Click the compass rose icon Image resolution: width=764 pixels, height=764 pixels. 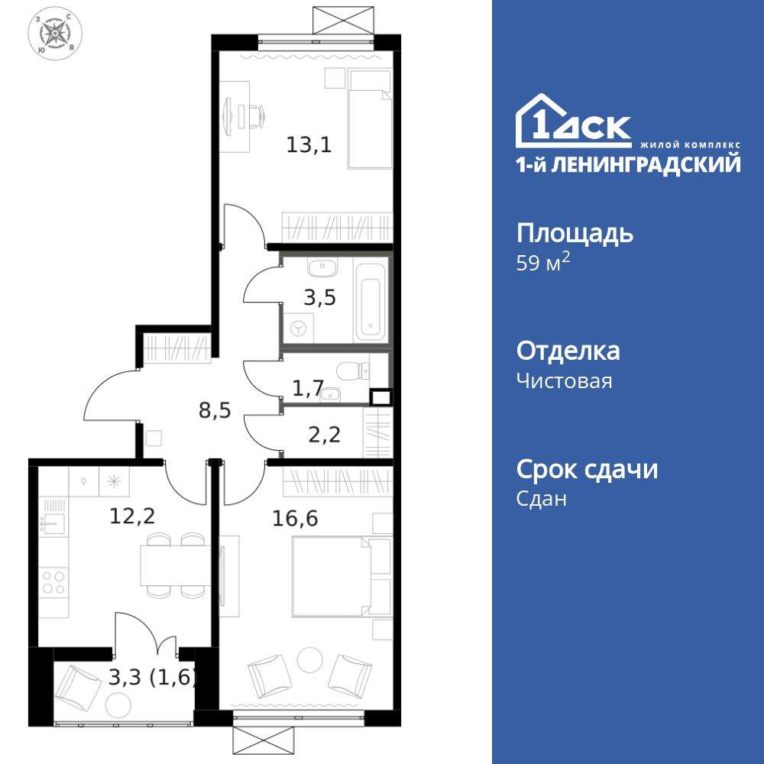pos(55,34)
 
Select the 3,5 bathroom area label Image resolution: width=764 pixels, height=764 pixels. pos(319,297)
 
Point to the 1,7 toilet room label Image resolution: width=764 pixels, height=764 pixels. pos(307,390)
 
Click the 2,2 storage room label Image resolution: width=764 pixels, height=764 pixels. pos(324,435)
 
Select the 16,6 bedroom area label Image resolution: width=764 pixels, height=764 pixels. pos(295,519)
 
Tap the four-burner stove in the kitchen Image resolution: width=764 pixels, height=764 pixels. pos(53,582)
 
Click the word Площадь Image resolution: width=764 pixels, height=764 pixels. pos(575,232)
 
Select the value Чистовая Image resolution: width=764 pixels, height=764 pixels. pos(564,380)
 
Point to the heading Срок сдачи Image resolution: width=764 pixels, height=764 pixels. pos(587,469)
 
